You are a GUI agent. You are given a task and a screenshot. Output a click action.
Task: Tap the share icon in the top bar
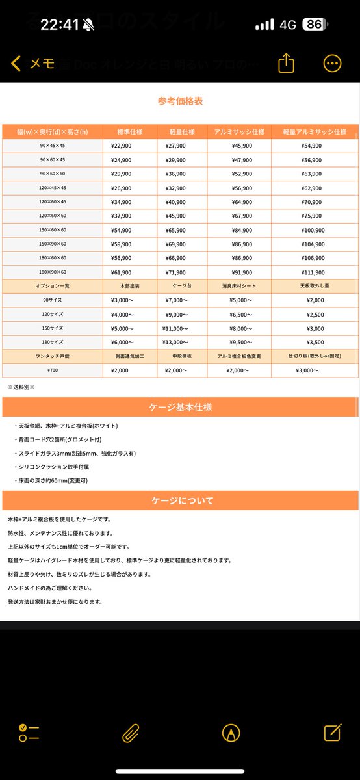click(x=286, y=62)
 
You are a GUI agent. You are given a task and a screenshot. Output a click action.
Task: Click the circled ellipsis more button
click(x=332, y=62)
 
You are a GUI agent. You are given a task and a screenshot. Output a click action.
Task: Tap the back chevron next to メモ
click(x=16, y=63)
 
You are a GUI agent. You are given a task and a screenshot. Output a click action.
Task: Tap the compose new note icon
click(x=332, y=733)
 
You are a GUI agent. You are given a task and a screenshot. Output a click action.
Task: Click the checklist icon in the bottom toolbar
click(x=29, y=733)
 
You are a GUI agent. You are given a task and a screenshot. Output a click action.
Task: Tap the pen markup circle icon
click(x=229, y=733)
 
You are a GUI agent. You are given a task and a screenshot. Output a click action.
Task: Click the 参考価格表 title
click(x=180, y=101)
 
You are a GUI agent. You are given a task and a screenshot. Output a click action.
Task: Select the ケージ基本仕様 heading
click(x=180, y=408)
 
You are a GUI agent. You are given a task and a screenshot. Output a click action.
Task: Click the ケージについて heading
click(x=180, y=501)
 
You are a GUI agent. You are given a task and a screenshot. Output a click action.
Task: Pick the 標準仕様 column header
click(x=129, y=132)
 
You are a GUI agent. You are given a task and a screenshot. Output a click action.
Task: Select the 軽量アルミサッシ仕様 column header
click(x=315, y=132)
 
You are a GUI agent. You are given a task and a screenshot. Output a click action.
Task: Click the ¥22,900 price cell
click(x=122, y=146)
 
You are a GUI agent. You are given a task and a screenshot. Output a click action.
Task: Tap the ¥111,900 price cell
click(x=315, y=272)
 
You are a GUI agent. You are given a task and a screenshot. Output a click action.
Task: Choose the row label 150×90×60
click(x=52, y=244)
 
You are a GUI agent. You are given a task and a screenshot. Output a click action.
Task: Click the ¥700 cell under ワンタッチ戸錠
click(x=52, y=370)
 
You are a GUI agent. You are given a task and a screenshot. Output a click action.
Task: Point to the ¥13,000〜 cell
click(x=175, y=342)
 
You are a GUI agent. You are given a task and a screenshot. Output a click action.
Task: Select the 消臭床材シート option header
click(x=239, y=286)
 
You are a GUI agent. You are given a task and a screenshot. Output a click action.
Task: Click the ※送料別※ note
click(x=21, y=387)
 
